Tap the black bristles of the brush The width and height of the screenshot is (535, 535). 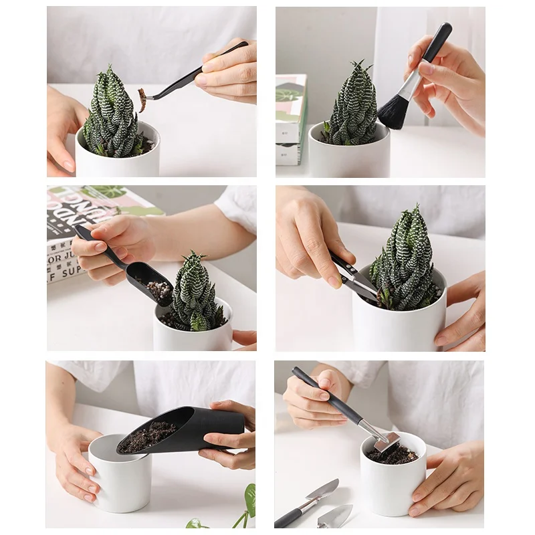tap(393, 112)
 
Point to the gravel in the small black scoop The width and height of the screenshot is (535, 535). tap(158, 290)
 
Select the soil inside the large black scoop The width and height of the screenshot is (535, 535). tap(148, 436)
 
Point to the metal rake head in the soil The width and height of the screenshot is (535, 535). tap(387, 441)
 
